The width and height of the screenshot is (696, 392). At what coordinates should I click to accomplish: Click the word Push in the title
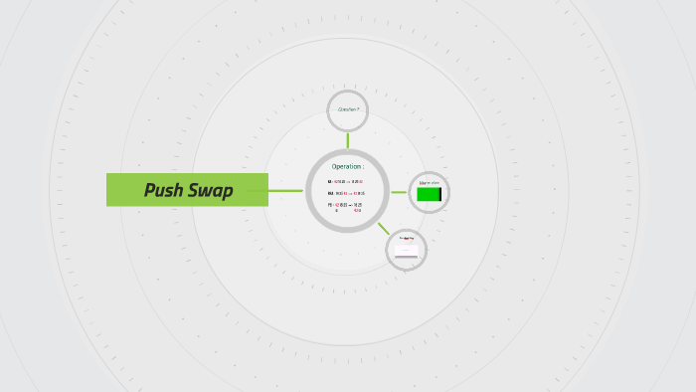point(165,190)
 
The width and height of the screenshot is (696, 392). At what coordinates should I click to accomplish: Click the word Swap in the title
point(211,190)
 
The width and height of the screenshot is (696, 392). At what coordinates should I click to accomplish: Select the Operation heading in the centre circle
point(346,166)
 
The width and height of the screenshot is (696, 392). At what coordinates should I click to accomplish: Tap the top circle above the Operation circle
point(348,109)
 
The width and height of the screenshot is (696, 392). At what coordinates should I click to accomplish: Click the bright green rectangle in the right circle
point(428,194)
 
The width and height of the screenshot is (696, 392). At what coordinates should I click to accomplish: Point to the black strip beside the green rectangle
point(440,194)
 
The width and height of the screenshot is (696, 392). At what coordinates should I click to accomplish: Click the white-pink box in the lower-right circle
point(406,251)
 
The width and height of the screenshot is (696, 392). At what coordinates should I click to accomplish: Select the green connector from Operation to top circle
point(348,139)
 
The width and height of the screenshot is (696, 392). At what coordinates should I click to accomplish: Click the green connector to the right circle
point(398,192)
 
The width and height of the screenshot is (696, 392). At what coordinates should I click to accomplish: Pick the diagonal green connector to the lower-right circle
point(384,228)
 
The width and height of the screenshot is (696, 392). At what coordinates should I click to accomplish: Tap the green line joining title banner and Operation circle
point(285,190)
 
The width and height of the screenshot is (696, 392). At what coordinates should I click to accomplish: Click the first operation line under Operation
point(345,181)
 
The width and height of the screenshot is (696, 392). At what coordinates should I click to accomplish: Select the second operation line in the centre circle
point(345,193)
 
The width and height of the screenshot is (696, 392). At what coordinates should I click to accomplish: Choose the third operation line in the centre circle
point(345,206)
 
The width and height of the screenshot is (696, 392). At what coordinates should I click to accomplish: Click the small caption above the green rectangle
point(429,183)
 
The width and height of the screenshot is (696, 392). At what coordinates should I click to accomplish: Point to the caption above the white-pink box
point(406,239)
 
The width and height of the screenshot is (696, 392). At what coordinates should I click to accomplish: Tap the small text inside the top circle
point(348,109)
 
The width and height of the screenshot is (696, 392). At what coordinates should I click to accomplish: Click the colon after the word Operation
point(363,166)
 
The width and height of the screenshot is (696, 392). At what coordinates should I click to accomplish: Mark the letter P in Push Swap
point(150,190)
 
